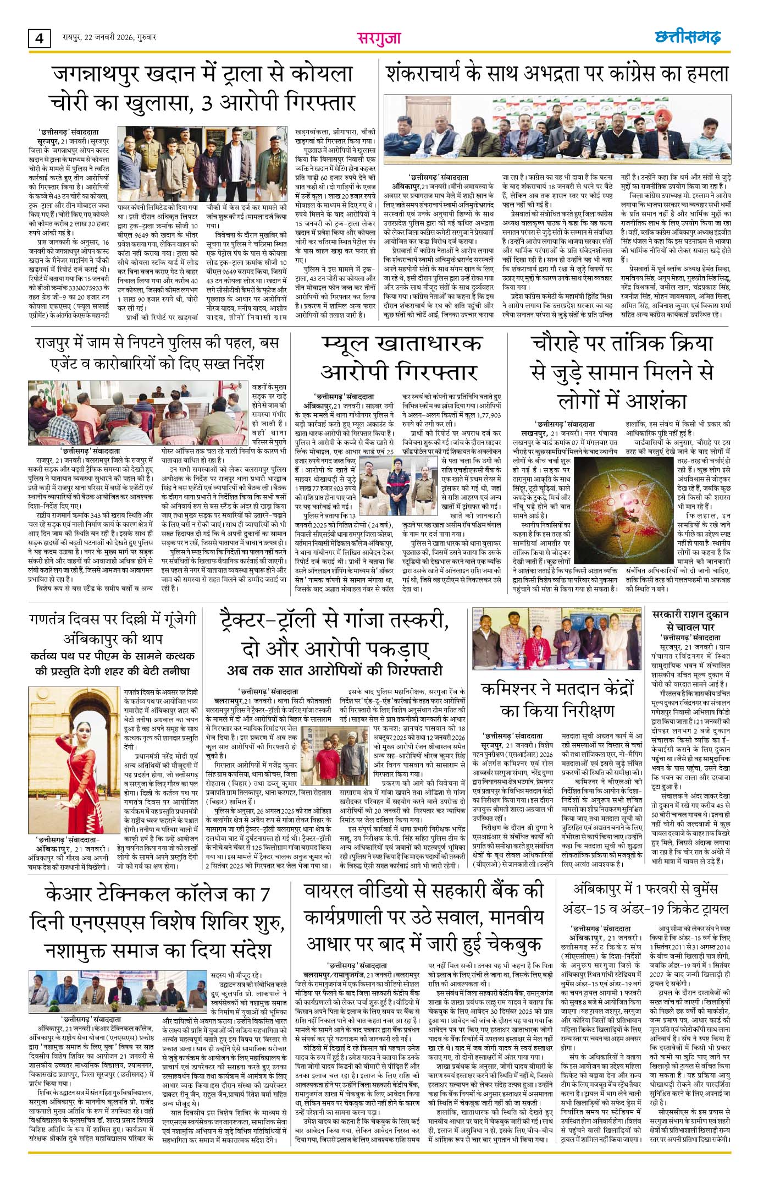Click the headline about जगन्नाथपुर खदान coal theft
(x=201, y=89)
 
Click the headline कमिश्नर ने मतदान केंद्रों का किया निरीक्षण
(x=557, y=699)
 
